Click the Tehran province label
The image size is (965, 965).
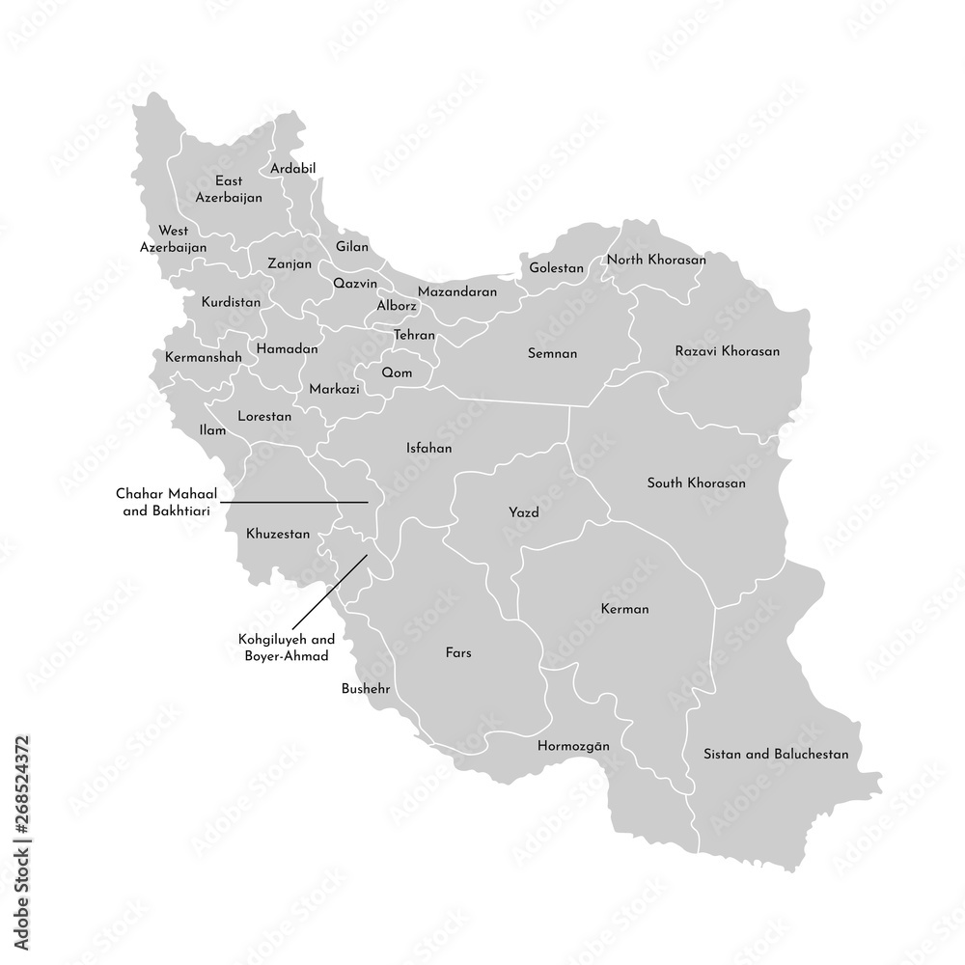[x=414, y=335]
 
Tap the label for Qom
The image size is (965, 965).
[x=397, y=372]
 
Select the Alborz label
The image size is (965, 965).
[x=397, y=306]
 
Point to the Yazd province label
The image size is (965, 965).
[x=523, y=512]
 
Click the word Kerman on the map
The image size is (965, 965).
[x=624, y=609]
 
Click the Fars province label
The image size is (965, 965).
[x=458, y=652]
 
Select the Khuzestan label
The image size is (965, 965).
[x=278, y=533]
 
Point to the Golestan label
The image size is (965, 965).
[x=556, y=267]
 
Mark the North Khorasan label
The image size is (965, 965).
[x=656, y=260]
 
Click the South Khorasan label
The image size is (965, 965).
[x=696, y=482]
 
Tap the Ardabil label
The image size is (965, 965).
[x=293, y=168]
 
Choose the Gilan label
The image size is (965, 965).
[x=352, y=246]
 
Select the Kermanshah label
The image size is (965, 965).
[x=204, y=357]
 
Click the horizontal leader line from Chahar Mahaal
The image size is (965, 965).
[x=299, y=502]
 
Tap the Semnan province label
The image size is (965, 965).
[x=553, y=353]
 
